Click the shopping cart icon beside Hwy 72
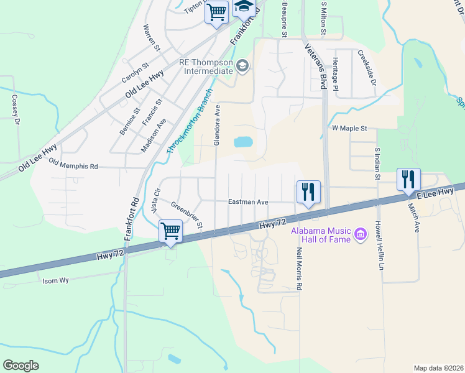(x=170, y=231)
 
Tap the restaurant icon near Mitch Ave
(x=408, y=179)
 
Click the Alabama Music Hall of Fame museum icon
(x=360, y=235)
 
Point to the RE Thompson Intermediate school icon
(x=242, y=66)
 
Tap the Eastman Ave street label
(x=247, y=202)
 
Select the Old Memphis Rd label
(x=73, y=166)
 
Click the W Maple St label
(x=350, y=128)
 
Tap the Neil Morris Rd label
(x=299, y=269)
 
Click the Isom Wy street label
(x=55, y=280)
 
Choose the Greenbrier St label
(x=186, y=214)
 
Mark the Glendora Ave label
(x=217, y=125)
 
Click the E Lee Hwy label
(x=435, y=195)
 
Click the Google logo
(x=21, y=366)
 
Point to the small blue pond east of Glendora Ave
(x=243, y=142)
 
